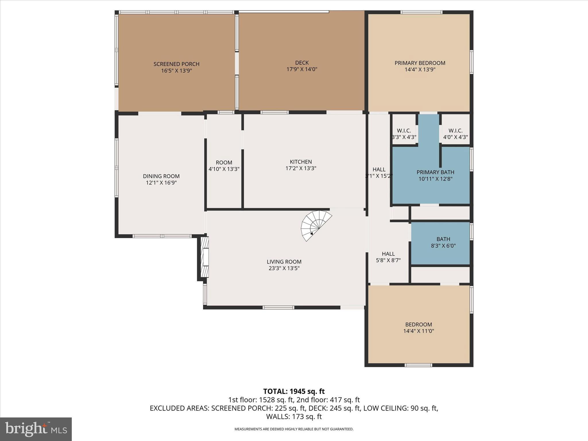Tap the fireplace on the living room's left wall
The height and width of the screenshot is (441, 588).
click(x=204, y=257)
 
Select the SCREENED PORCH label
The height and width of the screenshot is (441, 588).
click(x=176, y=64)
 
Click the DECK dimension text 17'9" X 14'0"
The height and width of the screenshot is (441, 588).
click(x=302, y=69)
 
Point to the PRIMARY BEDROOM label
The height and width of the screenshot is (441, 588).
click(x=420, y=63)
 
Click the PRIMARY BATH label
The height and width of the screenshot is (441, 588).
click(x=435, y=172)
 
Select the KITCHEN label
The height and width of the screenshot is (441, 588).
click(x=301, y=162)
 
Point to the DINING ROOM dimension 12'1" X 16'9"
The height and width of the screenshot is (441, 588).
click(x=161, y=183)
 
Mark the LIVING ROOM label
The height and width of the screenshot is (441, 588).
click(x=284, y=262)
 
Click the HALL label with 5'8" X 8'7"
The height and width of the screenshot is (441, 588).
click(x=388, y=254)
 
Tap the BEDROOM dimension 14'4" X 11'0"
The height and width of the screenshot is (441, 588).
click(x=418, y=331)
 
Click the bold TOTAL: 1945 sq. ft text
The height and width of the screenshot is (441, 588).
click(x=294, y=391)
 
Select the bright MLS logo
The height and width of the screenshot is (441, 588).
click(x=36, y=429)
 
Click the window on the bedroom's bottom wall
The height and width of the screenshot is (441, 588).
click(x=418, y=365)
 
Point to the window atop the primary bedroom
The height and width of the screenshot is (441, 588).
click(x=421, y=12)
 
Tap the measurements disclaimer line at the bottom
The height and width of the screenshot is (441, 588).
click(x=294, y=429)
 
